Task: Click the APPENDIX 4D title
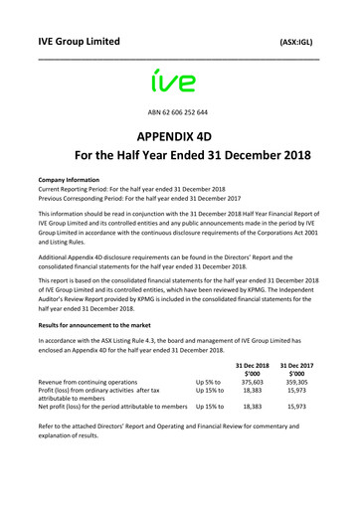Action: (180, 138)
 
